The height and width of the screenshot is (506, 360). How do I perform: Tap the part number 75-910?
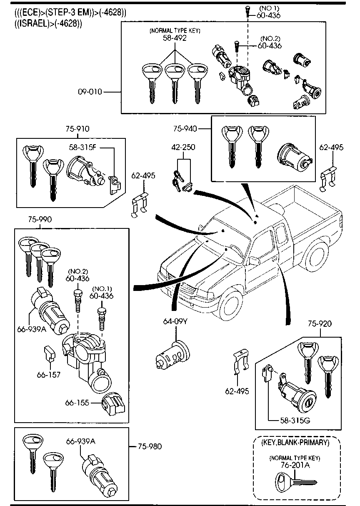click(77, 129)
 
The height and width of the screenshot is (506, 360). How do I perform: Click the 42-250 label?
click(183, 147)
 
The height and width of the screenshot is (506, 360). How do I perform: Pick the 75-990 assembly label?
click(40, 219)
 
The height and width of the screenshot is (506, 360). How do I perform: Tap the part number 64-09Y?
click(175, 321)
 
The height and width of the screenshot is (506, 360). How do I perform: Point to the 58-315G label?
click(295, 420)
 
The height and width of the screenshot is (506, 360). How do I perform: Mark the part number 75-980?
click(150, 446)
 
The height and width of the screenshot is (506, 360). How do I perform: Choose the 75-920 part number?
click(320, 323)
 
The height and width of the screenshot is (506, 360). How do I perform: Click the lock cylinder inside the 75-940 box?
click(294, 158)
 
